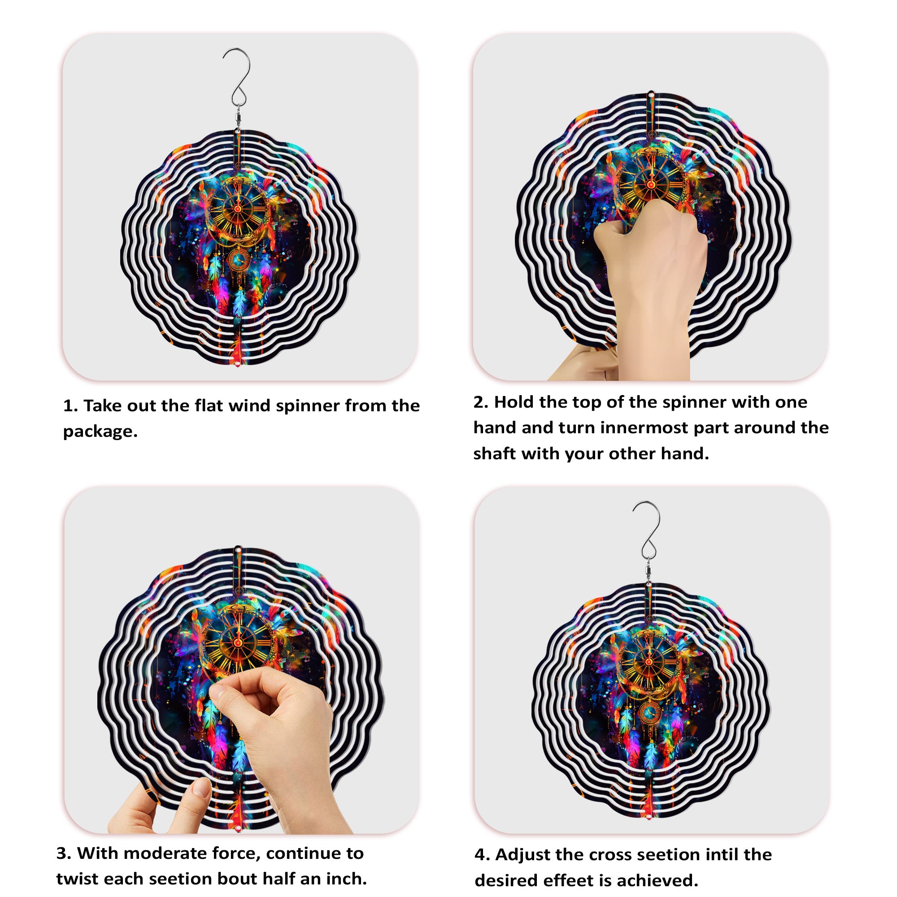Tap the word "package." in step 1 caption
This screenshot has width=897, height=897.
tap(100, 432)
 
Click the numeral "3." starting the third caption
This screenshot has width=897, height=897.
tap(64, 853)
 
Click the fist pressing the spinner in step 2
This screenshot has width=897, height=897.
tap(650, 241)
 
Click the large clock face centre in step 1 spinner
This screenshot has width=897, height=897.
tap(237, 209)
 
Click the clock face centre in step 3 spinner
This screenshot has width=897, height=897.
tap(238, 642)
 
